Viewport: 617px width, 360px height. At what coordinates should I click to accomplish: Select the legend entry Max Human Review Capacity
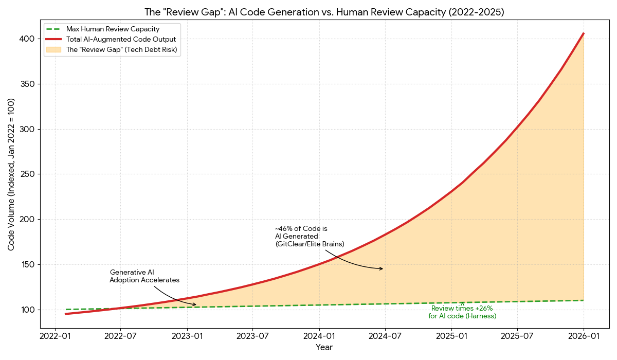[x=113, y=29]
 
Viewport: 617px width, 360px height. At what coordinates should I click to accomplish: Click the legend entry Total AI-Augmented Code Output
[x=121, y=40]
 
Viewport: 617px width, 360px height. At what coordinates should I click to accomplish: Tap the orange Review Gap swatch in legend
[x=53, y=50]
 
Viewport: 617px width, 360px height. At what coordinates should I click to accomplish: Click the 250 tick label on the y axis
[x=28, y=174]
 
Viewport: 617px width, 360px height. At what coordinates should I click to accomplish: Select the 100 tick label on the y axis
[x=28, y=310]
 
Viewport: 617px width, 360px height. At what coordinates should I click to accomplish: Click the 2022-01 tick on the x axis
[x=55, y=336]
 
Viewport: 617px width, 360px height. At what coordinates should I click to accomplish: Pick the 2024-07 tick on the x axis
[x=385, y=336]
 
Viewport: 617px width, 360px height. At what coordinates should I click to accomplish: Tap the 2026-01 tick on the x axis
[x=584, y=336]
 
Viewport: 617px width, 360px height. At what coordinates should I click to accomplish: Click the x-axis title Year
[x=324, y=348]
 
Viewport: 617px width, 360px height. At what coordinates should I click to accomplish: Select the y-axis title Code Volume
[x=11, y=174]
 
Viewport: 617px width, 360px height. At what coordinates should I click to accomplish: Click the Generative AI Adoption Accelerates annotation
[x=144, y=276]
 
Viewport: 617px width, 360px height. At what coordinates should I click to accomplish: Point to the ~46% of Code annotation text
[x=310, y=236]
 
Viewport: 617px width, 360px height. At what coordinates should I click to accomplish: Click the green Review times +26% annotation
[x=462, y=312]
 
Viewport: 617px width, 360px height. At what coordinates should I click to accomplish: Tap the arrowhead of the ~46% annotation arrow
[x=382, y=268]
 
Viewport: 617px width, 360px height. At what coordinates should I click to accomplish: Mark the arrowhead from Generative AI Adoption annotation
[x=195, y=304]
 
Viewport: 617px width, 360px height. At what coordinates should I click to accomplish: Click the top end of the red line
[x=584, y=33]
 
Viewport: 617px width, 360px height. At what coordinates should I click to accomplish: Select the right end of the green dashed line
[x=584, y=300]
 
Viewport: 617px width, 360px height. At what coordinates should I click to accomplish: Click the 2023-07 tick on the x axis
[x=253, y=336]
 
